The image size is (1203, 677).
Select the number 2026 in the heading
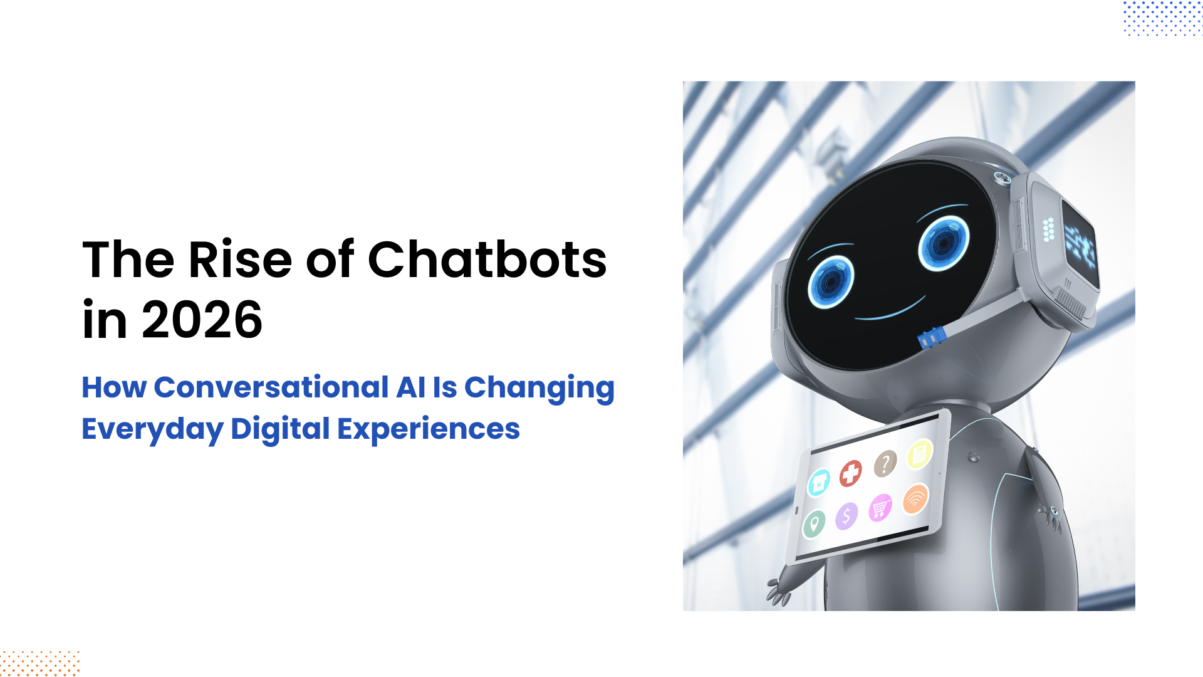click(202, 320)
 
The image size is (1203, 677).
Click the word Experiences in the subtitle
click(429, 429)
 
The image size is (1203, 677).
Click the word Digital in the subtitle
click(280, 429)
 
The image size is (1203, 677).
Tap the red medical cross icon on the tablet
click(850, 473)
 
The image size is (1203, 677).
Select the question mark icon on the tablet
click(885, 464)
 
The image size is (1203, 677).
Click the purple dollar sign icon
click(846, 516)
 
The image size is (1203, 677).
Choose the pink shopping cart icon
click(880, 507)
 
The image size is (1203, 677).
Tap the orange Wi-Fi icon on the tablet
click(915, 499)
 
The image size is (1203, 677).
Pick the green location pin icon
click(813, 524)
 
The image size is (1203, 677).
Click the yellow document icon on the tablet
click(920, 454)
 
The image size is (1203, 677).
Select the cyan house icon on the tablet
click(818, 483)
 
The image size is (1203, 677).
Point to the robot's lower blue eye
click(831, 282)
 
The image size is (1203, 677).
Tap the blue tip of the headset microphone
click(932, 338)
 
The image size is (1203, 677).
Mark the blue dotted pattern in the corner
click(1163, 18)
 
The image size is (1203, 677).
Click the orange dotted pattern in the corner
click(39, 663)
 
